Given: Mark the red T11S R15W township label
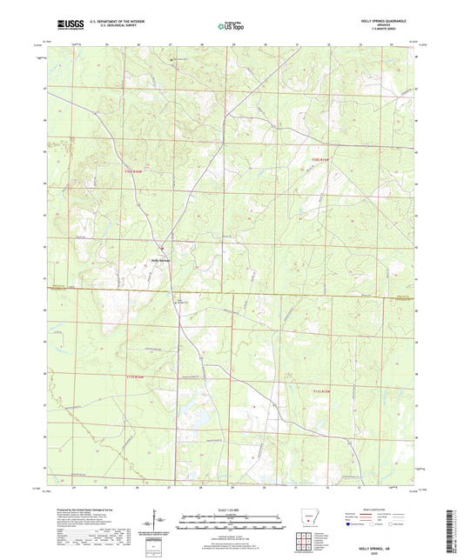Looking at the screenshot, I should click(x=321, y=392).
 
